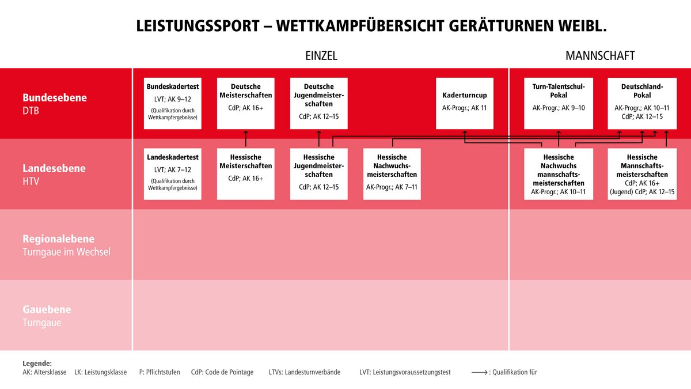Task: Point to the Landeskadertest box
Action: (173, 174)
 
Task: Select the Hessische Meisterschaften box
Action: (246, 174)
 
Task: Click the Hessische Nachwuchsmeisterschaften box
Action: (392, 174)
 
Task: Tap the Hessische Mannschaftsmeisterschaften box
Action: (642, 174)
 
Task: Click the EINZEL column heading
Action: (321, 56)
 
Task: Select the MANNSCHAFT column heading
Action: (600, 56)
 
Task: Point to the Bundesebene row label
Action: (55, 98)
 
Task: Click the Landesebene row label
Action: (54, 169)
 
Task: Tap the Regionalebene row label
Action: (58, 239)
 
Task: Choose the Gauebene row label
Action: (47, 310)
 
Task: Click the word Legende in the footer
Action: (37, 364)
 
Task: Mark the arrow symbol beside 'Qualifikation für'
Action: (480, 372)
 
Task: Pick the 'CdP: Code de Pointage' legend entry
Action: (222, 372)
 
